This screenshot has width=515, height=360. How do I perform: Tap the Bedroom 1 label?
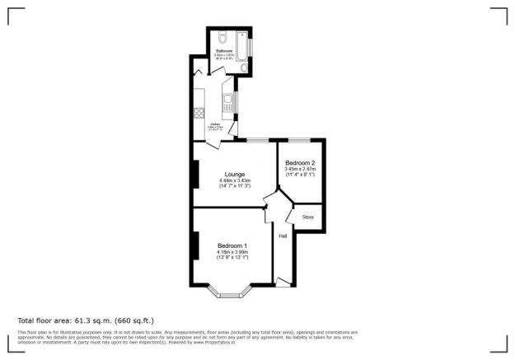tap(232, 245)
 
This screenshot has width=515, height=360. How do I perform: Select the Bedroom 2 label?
tap(300, 162)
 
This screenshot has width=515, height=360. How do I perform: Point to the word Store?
tap(308, 217)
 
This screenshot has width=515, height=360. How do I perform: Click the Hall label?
tap(283, 236)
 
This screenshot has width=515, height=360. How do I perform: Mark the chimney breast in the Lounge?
tap(195, 174)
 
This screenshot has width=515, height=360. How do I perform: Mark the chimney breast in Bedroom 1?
tap(195, 245)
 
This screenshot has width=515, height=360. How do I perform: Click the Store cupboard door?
tap(292, 216)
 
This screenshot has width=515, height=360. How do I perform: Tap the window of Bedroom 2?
tap(298, 139)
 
